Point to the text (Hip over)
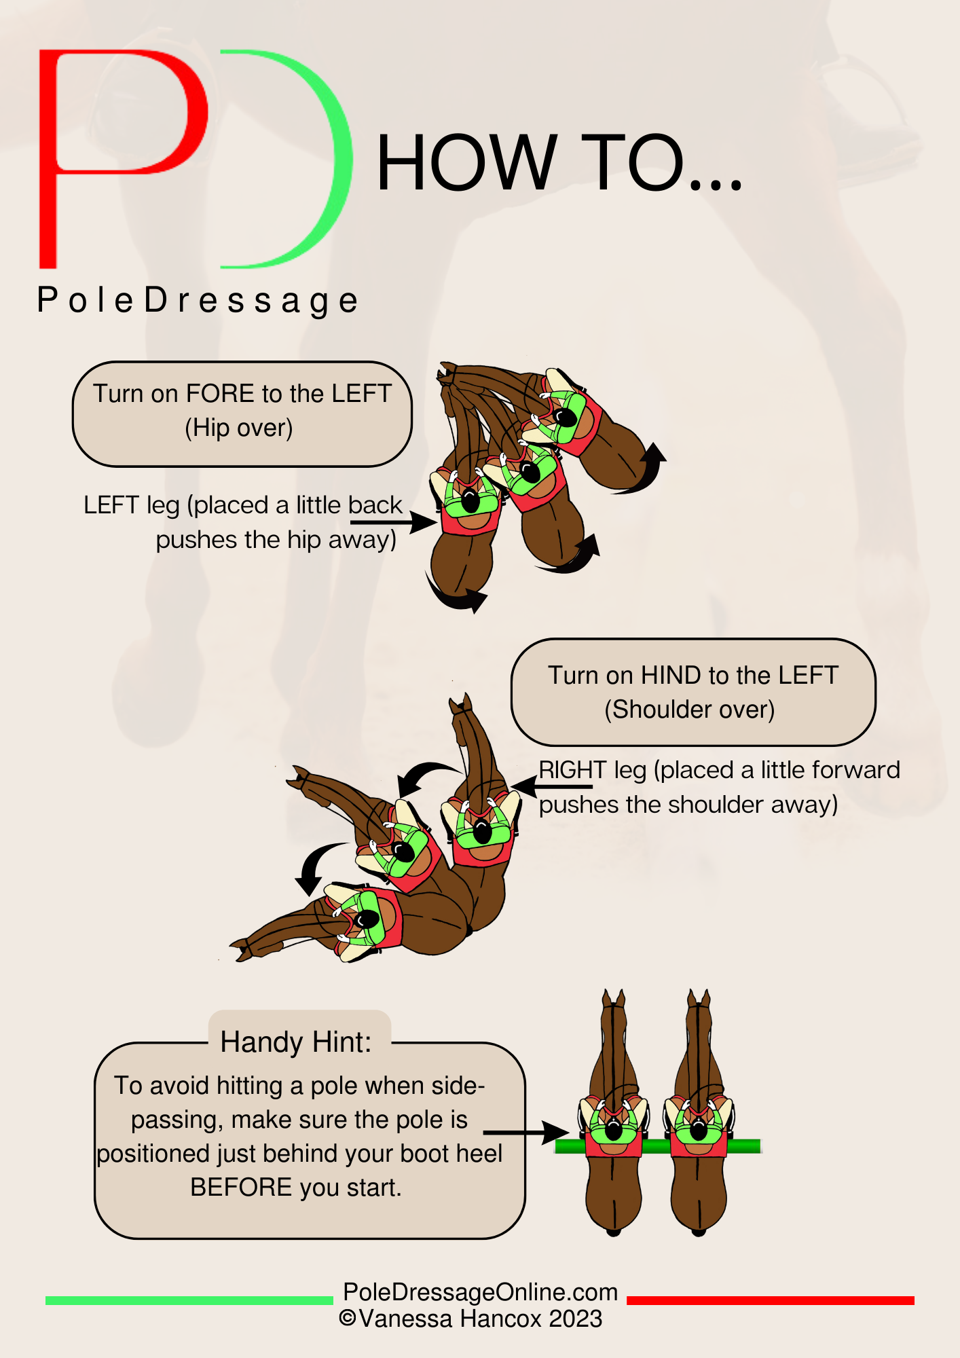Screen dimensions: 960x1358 click(239, 428)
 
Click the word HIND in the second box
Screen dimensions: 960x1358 click(671, 676)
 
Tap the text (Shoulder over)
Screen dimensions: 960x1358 click(690, 710)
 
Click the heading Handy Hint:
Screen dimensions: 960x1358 click(296, 1042)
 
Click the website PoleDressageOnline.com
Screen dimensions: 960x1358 click(481, 1292)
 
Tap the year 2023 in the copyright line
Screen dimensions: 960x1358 click(576, 1319)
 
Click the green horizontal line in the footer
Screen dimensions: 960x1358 click(189, 1300)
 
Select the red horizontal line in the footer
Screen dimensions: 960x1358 click(771, 1300)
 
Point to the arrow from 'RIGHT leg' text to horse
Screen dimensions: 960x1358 click(551, 786)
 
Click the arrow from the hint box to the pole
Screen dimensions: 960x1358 click(526, 1133)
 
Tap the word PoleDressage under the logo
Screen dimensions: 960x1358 click(198, 301)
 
